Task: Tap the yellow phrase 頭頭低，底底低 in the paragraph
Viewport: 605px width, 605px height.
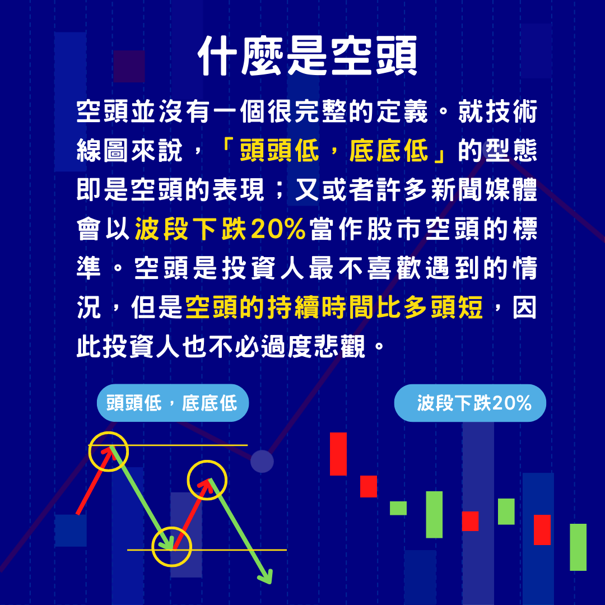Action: [334, 152]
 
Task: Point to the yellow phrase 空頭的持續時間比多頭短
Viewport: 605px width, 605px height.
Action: [334, 308]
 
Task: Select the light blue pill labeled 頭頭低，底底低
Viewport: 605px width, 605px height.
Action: [173, 403]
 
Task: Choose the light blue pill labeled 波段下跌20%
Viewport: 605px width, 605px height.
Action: [469, 403]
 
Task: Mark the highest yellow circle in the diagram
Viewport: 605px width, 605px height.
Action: [109, 452]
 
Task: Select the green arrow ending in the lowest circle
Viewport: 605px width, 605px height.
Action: [140, 496]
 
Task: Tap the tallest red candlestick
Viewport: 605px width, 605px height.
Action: [338, 454]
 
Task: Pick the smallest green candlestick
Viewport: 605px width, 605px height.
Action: [398, 508]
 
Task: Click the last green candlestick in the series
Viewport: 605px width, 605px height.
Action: [578, 547]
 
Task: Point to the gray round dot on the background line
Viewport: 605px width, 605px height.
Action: [262, 461]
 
